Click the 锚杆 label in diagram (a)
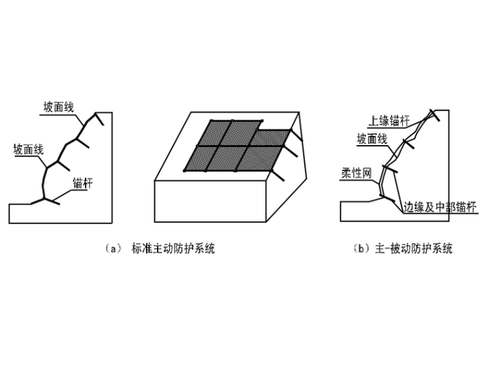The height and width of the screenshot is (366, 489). tap(82, 183)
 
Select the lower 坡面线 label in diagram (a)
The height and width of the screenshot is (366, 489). tap(28, 150)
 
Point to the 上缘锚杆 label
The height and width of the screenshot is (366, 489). tap(388, 121)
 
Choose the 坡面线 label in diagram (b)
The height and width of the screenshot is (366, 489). tap(371, 139)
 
